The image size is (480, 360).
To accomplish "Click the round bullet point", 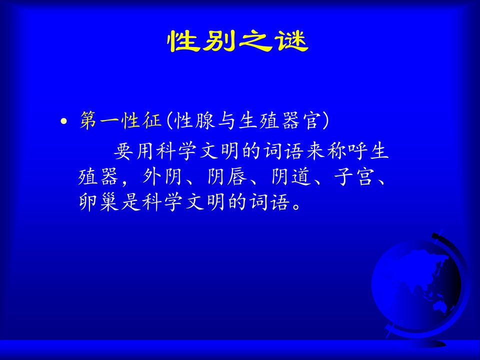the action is [x=63, y=121].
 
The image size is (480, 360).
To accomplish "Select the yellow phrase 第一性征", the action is [x=120, y=120].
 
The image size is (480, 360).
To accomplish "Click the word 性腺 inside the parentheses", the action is [x=194, y=120].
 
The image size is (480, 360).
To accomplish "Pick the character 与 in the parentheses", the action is [x=226, y=120].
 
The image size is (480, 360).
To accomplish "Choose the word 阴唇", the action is [x=226, y=177].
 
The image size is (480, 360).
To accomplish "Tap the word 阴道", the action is [x=291, y=177].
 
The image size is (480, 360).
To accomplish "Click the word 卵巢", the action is [x=98, y=202].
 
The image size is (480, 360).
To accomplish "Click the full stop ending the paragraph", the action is [x=296, y=205].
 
